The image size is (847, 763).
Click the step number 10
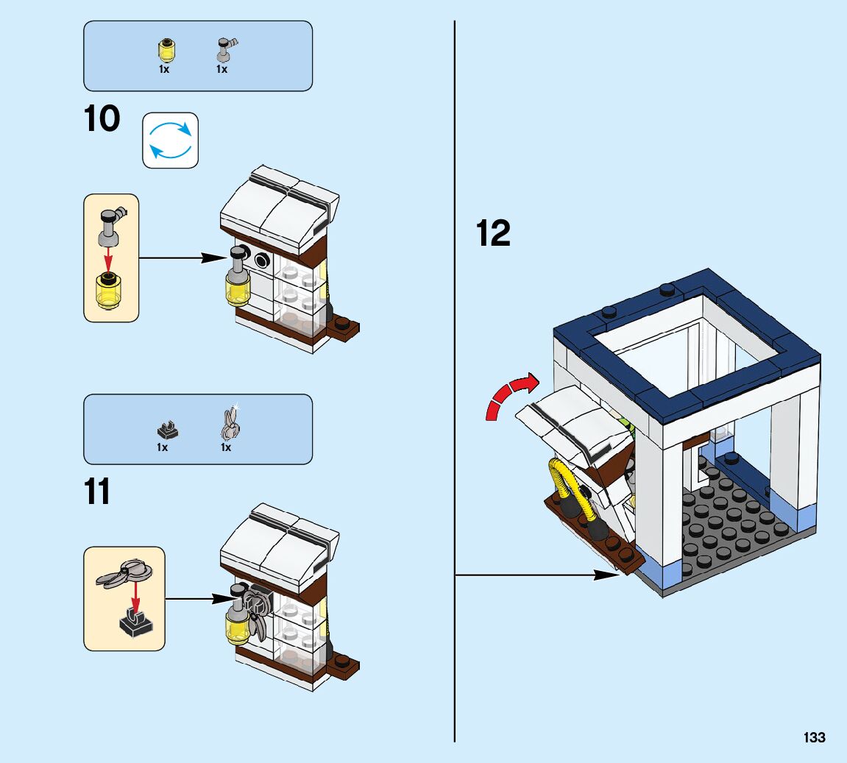[x=102, y=119]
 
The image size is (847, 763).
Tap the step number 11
[x=97, y=491]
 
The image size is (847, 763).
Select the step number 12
[x=493, y=234]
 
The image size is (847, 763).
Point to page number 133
[x=815, y=737]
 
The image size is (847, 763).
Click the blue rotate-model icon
[x=170, y=140]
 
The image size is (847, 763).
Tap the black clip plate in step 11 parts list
[x=164, y=427]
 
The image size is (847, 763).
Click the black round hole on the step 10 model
[x=261, y=260]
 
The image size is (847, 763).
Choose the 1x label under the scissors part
[x=225, y=447]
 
